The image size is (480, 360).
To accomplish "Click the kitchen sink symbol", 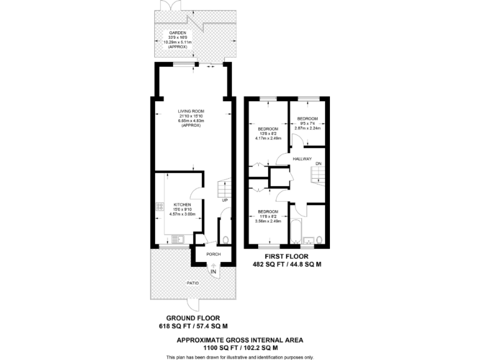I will pos(178,238).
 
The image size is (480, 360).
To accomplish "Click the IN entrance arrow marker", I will pos(213,271).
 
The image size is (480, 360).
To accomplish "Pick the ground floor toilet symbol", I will pos(224,239).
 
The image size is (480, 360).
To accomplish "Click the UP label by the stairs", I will pos(224,201).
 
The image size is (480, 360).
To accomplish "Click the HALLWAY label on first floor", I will pos(302,159).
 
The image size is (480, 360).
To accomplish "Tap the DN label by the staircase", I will pos(318,164).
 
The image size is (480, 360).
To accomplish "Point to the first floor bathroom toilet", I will pos(319,240).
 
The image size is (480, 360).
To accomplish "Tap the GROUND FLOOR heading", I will pos(193,318).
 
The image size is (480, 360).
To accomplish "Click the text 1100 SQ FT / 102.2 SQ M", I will pos(239,347).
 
